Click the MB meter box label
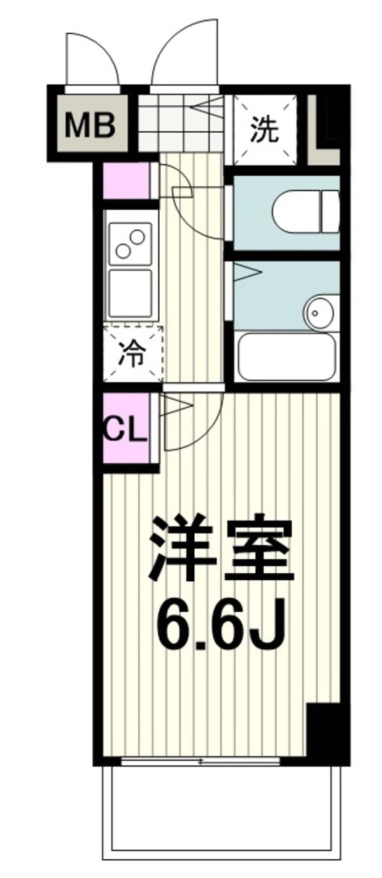(90, 124)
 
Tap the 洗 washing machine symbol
(265, 130)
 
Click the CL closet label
(124, 431)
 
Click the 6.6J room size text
(220, 623)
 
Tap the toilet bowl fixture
(305, 212)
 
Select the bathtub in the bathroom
(286, 356)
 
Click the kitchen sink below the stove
(131, 294)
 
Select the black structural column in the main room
(323, 737)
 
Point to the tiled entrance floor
(181, 122)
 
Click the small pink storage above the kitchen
(126, 181)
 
